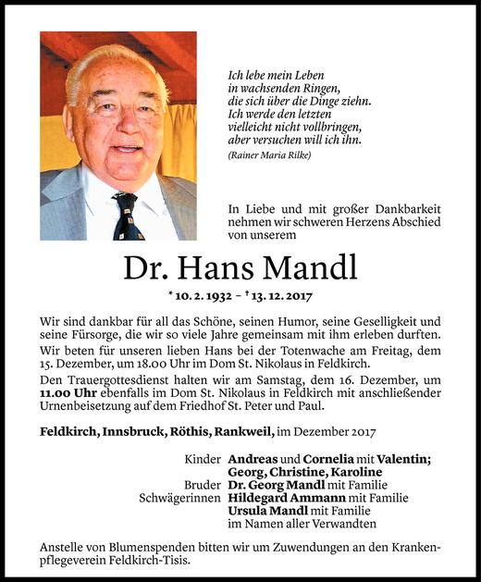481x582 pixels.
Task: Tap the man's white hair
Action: point(116,67)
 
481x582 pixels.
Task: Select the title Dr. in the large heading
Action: point(147,268)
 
